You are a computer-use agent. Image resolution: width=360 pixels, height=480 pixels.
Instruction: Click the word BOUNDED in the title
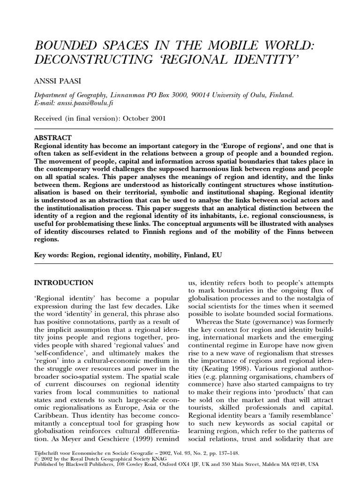[64, 47]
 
